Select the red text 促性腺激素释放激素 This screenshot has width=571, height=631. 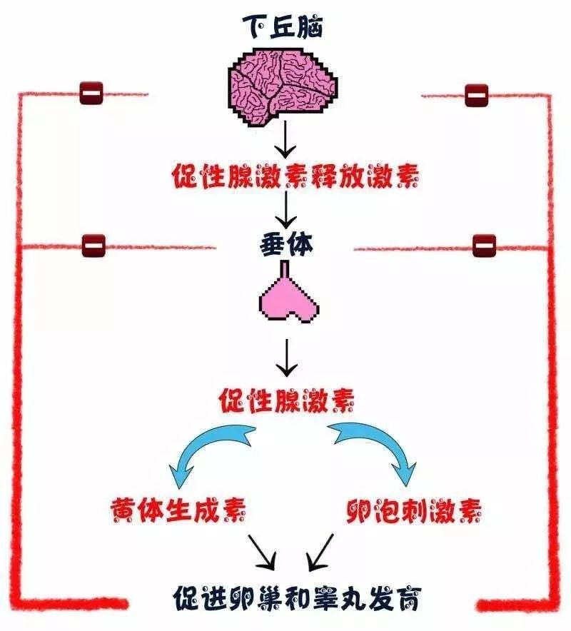coord(285,175)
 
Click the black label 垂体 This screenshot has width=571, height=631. coord(284,245)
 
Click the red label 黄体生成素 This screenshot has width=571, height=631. coord(178,509)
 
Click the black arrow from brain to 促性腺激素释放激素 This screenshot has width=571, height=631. coord(285,140)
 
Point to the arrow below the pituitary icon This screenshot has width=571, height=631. coord(286,356)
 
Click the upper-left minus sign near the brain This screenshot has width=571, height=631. coord(91,92)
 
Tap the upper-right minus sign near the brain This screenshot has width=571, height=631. coord(476,94)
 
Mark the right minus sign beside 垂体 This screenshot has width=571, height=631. coord(484,246)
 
